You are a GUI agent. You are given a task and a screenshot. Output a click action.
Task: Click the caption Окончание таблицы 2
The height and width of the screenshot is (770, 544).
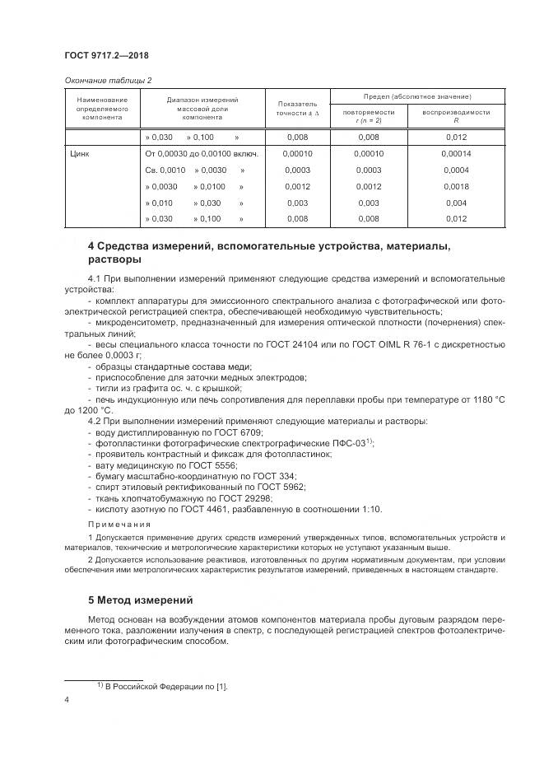[108, 80]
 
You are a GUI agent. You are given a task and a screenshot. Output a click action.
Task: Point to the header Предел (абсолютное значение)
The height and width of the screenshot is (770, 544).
[417, 96]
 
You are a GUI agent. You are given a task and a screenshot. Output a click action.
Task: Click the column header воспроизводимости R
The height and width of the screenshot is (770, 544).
[456, 116]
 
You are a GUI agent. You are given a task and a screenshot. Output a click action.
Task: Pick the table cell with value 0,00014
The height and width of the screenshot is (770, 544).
[456, 153]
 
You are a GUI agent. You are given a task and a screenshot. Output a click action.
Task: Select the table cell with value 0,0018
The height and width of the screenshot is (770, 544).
[456, 186]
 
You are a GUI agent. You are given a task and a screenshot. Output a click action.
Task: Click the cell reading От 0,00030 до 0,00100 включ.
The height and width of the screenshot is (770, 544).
[202, 153]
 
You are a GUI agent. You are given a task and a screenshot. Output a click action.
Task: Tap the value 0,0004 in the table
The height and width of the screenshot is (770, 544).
[456, 170]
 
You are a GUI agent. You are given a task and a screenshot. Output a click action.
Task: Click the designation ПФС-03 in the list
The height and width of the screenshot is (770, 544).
[347, 443]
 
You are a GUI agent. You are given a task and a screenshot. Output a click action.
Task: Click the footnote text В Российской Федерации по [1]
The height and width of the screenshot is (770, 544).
[165, 686]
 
